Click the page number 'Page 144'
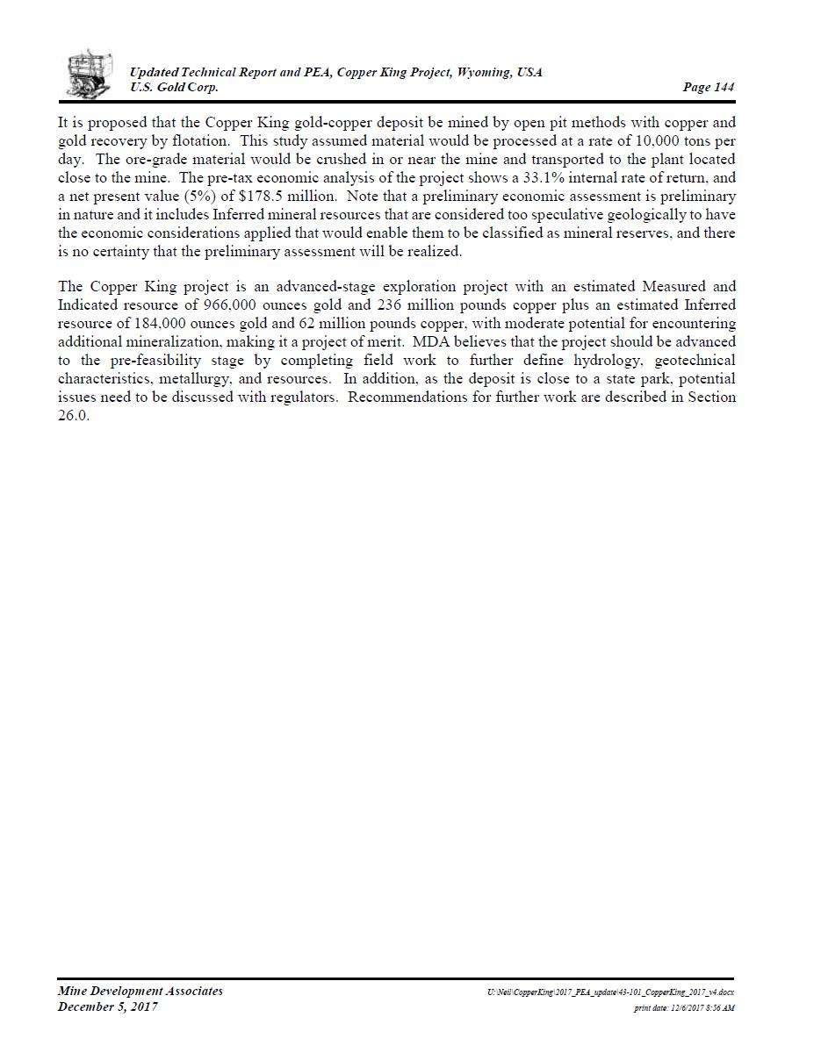[708, 87]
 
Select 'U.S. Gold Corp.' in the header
[174, 87]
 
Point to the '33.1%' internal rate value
[544, 178]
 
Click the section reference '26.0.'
[74, 415]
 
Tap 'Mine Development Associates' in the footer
[140, 992]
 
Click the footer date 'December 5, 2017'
[108, 1007]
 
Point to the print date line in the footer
[684, 1008]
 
